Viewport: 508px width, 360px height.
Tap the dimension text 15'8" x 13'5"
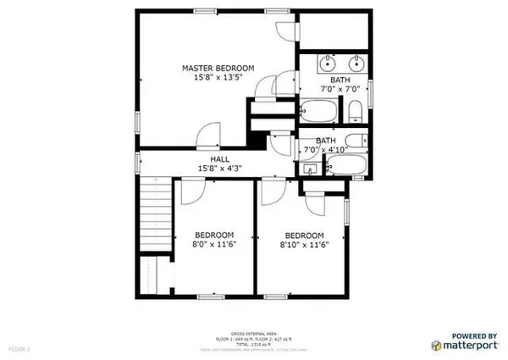218,78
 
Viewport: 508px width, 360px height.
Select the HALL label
220,158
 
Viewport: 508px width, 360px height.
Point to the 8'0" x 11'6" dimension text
214,246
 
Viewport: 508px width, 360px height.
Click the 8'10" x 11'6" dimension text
304,246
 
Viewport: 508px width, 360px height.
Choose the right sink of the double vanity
355,64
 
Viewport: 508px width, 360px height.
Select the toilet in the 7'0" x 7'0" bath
356,111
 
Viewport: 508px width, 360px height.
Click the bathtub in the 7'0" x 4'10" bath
347,165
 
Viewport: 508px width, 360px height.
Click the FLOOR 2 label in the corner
19,347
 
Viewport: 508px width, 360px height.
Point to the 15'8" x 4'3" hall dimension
220,169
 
